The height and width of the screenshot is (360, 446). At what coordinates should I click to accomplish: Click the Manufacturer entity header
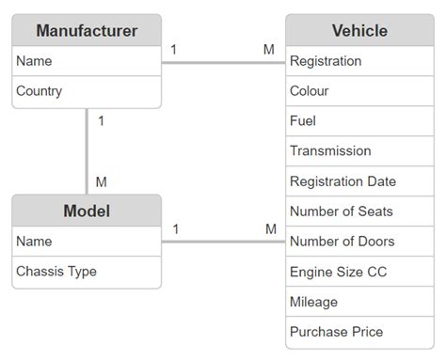[87, 31]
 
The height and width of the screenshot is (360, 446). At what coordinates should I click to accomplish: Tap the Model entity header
[87, 211]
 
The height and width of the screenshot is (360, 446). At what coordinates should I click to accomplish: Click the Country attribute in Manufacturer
[40, 91]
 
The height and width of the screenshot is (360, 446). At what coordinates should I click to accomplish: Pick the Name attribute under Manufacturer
[34, 61]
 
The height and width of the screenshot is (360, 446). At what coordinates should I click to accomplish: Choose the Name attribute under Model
[34, 242]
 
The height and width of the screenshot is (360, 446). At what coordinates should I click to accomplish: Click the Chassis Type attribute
[56, 272]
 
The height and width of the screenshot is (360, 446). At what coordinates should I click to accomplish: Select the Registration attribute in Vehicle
[326, 61]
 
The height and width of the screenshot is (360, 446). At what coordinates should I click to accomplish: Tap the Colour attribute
[310, 91]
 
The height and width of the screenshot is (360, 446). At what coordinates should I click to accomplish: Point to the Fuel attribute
[303, 121]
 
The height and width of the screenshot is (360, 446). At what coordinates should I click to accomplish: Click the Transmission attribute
[330, 151]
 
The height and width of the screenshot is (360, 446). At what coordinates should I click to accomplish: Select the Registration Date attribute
[342, 181]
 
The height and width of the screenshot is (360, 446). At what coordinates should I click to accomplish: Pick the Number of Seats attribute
[342, 211]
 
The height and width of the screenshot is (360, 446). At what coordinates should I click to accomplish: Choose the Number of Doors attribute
[342, 242]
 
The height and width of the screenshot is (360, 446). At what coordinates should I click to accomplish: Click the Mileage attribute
[313, 302]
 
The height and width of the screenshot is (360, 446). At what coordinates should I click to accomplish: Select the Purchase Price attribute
[336, 332]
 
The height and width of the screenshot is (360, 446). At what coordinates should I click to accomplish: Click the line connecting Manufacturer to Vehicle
[223, 63]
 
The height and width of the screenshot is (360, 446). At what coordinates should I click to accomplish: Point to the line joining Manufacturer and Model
[87, 150]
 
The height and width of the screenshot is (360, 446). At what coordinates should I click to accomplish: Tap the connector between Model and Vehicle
[223, 243]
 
